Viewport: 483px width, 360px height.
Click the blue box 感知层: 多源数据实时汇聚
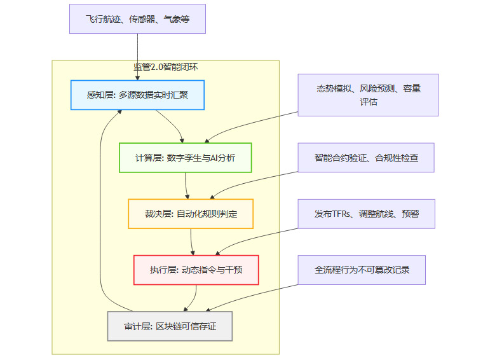click(137, 95)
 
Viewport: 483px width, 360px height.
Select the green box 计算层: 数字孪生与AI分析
click(186, 158)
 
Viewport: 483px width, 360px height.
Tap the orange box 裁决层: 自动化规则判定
click(191, 214)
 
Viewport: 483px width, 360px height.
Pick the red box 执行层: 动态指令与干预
click(196, 270)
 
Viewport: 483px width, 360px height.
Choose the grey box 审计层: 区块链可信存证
click(170, 326)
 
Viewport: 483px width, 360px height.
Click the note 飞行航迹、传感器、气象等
click(137, 19)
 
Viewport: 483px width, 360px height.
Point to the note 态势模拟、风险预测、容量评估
click(368, 95)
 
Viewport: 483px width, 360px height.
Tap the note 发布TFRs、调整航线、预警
click(367, 214)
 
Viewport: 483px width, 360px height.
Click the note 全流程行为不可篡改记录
click(362, 270)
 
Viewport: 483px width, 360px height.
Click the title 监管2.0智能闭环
click(165, 67)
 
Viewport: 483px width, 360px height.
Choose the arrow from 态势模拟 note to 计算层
click(254, 123)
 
